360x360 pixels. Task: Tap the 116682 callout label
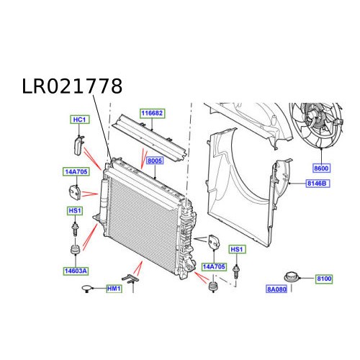pos(153,114)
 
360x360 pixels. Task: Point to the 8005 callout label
pos(155,162)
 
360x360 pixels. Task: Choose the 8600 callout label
pos(321,168)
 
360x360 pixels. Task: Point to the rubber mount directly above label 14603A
pos(73,251)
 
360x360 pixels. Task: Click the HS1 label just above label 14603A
pos(73,210)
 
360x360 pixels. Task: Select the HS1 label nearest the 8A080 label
pos(237,249)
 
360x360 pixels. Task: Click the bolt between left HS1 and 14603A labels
pos(73,228)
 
